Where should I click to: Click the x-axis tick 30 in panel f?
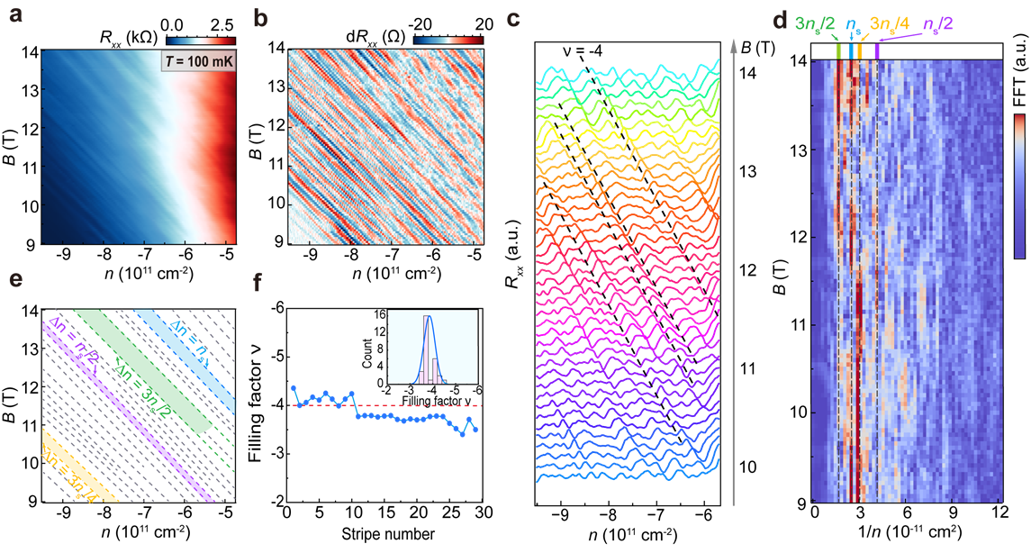(x=484, y=513)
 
